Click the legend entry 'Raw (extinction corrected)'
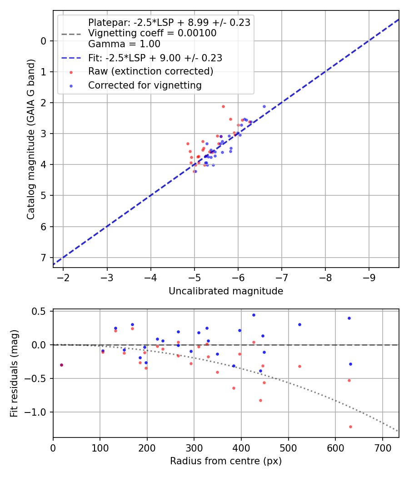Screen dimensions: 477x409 pyautogui.click(x=150, y=71)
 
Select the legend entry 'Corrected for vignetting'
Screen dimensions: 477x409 pyautogui.click(x=145, y=85)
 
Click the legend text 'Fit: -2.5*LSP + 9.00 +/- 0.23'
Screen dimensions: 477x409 pyautogui.click(x=155, y=58)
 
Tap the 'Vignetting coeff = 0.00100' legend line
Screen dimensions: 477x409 pyautogui.click(x=152, y=33)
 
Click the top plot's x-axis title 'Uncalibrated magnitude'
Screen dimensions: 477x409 pyautogui.click(x=226, y=291)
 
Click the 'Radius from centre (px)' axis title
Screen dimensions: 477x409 pyautogui.click(x=226, y=461)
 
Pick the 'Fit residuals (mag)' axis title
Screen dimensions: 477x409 pyautogui.click(x=14, y=373)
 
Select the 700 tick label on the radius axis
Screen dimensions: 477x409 pyautogui.click(x=382, y=447)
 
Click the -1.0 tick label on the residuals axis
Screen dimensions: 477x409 pyautogui.click(x=38, y=412)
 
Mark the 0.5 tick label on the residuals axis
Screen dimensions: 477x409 pyautogui.click(x=40, y=311)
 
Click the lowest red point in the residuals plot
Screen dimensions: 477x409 pyautogui.click(x=350, y=427)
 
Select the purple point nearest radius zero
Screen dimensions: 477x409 pyautogui.click(x=61, y=365)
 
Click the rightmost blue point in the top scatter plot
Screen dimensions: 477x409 pyautogui.click(x=264, y=106)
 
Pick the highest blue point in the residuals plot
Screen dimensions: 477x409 pyautogui.click(x=254, y=315)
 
